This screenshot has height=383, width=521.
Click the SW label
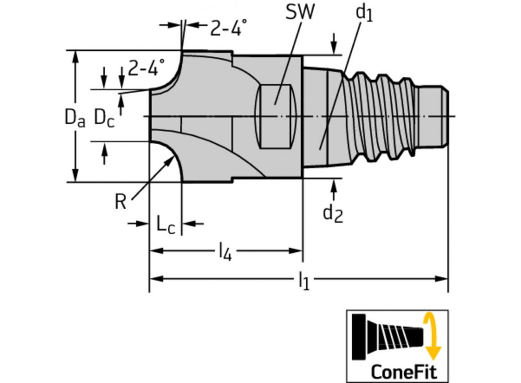301,13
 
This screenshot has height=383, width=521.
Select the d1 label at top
365,14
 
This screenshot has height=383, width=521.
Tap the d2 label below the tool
333,212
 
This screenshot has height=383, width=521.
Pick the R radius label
120,202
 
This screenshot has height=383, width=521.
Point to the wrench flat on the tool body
277,116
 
